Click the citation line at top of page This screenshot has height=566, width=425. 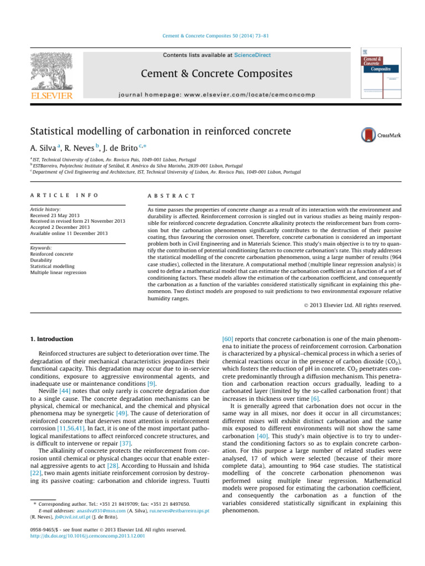tap(212, 36)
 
